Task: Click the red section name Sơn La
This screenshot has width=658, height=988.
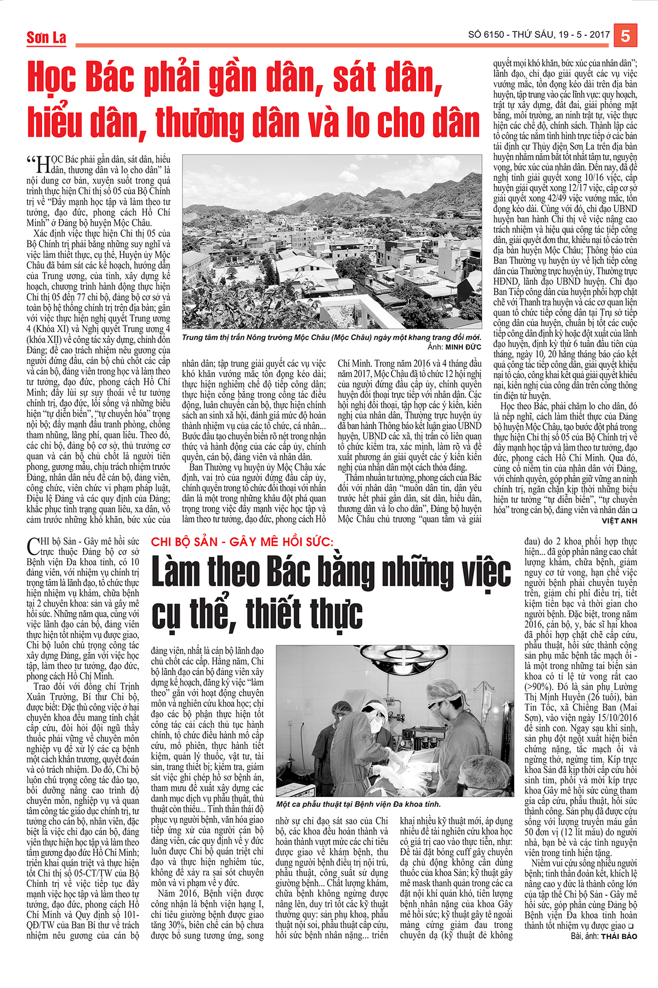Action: tap(47, 38)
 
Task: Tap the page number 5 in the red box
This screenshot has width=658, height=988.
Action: tap(625, 36)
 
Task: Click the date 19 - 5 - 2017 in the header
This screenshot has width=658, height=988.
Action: tap(585, 35)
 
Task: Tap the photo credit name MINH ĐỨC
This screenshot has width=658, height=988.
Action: tap(463, 347)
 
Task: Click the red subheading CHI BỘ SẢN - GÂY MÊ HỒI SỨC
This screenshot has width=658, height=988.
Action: tap(242, 542)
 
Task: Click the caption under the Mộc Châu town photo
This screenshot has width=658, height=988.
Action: tap(332, 338)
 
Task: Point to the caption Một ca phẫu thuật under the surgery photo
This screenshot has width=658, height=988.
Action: tap(358, 804)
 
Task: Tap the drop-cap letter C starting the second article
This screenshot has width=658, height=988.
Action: tap(33, 547)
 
